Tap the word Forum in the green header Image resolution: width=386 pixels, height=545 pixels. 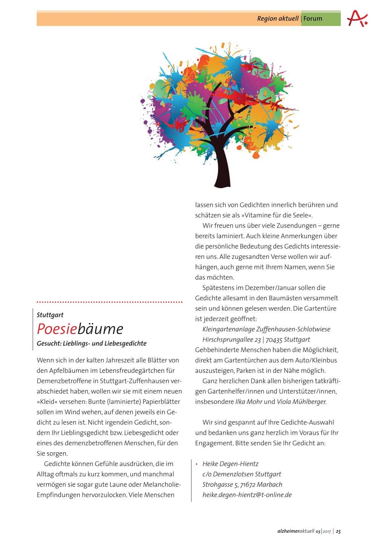(313, 18)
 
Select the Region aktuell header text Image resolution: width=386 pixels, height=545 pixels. (277, 18)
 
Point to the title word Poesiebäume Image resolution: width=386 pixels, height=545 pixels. (80, 329)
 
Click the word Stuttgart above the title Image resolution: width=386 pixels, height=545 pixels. (50, 315)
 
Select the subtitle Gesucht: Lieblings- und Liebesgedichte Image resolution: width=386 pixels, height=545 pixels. (92, 343)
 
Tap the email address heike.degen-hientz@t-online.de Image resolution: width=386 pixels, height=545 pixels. (247, 495)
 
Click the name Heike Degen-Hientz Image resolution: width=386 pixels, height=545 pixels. (230, 464)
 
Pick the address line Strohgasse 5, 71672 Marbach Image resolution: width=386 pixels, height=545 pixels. (242, 484)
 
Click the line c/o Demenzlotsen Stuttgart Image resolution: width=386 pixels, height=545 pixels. (242, 474)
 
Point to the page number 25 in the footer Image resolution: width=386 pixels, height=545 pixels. (338, 531)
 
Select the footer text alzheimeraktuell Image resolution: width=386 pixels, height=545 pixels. (296, 531)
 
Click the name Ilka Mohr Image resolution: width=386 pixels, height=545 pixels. (248, 402)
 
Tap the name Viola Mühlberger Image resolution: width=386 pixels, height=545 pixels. (302, 402)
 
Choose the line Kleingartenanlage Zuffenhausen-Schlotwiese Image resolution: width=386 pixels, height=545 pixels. (266, 329)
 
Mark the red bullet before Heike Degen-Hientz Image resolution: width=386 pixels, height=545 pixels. (196, 464)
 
